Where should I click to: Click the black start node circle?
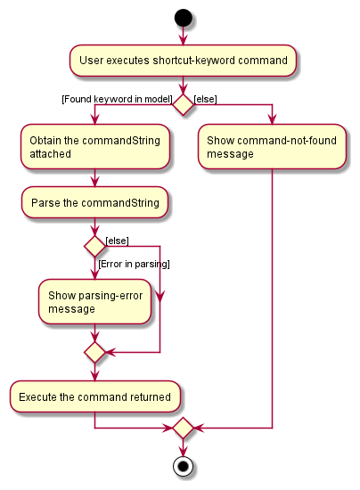click(x=184, y=18)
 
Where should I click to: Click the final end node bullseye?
click(x=184, y=467)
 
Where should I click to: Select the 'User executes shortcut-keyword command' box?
click(x=183, y=61)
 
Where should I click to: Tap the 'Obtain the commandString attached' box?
click(x=95, y=147)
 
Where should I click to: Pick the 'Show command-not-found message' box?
click(x=272, y=147)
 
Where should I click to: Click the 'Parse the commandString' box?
click(x=94, y=202)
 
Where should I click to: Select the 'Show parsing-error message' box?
click(x=94, y=301)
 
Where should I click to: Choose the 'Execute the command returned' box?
click(x=95, y=396)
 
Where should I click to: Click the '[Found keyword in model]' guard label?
click(x=118, y=99)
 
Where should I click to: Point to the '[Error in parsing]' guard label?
click(x=134, y=264)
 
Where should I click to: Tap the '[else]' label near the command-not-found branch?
click(x=205, y=99)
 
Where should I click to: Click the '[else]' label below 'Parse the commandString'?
click(x=118, y=241)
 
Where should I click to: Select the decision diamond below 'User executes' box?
click(x=184, y=105)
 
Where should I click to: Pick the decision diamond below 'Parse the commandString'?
click(x=94, y=247)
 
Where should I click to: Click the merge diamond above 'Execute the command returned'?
click(x=94, y=352)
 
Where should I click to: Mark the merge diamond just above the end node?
click(x=184, y=428)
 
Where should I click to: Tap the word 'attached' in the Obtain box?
click(x=50, y=154)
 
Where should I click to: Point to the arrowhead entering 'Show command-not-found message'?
click(x=272, y=119)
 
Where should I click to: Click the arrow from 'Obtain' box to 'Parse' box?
click(x=95, y=178)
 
